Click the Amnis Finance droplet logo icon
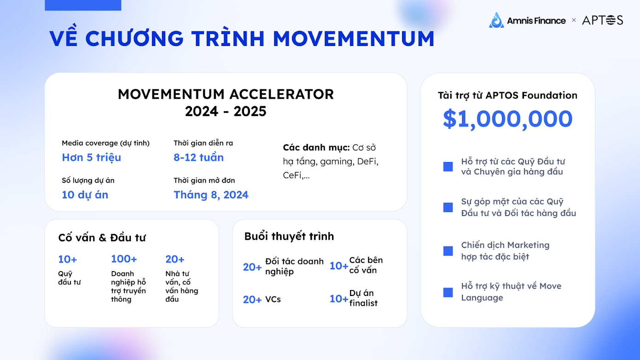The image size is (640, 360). pos(496,20)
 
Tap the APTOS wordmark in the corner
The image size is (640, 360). pos(603,20)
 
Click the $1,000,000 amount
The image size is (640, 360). pos(508,119)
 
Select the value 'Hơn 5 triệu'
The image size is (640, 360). pos(92,157)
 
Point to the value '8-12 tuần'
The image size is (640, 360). pos(198,157)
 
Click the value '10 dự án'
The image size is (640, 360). pos(85,195)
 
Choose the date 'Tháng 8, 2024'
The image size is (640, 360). pos(211,195)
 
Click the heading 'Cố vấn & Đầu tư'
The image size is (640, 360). pos(102,238)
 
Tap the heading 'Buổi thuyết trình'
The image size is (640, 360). pos(289,237)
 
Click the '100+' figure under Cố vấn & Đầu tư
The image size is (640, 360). pos(124,259)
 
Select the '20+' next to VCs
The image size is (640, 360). pos(252,300)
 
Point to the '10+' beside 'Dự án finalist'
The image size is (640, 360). pos(339,299)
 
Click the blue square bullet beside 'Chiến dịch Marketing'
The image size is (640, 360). pos(448,251)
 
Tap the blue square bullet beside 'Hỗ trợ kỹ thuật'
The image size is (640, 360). pos(448,292)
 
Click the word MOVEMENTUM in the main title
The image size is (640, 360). pos(354,38)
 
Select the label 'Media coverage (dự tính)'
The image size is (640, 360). pos(106,143)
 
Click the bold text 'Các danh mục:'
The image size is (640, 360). pos(316,147)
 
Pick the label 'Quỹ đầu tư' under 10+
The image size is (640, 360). pos(69,278)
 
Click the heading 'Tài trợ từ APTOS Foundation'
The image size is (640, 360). pos(508,95)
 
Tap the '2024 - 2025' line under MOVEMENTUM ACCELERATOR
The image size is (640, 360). pos(226,111)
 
